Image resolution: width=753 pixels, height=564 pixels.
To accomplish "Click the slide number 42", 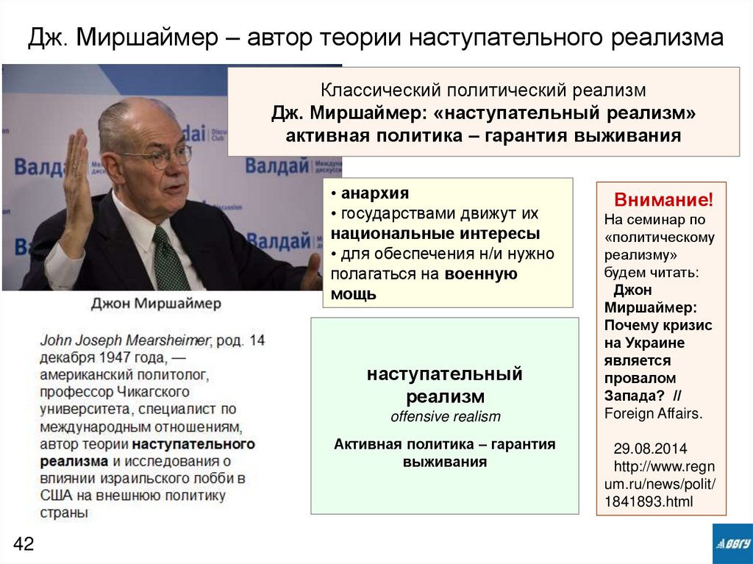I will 24,544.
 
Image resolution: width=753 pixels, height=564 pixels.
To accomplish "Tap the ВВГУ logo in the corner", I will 732,544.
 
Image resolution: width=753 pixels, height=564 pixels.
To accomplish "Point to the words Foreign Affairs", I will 653,413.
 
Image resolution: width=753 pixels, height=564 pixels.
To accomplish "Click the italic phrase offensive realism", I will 446,417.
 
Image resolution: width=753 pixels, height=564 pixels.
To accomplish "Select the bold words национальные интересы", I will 435,235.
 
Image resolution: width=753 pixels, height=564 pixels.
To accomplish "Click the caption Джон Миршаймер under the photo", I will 156,304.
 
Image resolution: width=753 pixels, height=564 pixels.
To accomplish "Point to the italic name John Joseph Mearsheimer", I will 125,340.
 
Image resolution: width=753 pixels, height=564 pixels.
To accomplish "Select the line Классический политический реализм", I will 483,91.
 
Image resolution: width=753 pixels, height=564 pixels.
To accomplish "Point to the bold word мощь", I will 353,294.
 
